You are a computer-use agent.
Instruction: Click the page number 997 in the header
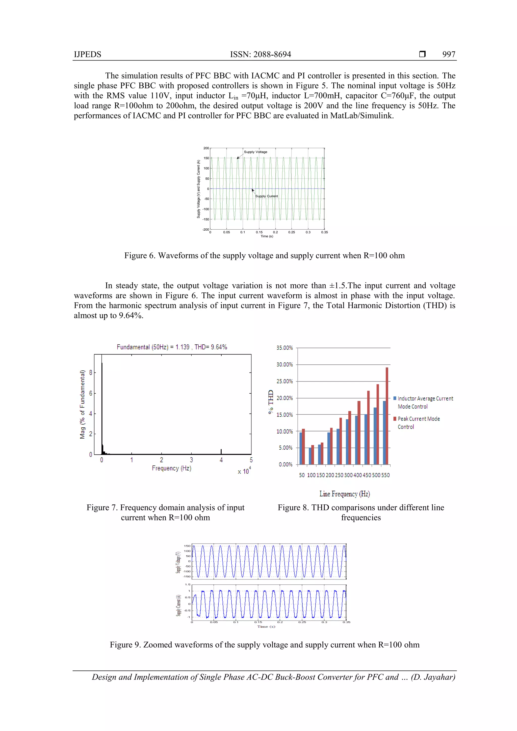(449, 55)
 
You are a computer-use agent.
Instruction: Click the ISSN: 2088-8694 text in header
(260, 55)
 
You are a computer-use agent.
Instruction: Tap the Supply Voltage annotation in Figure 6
(255, 152)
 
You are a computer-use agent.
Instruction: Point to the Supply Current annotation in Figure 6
(266, 196)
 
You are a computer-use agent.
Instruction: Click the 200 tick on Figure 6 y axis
(206, 148)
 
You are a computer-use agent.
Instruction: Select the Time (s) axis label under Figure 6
(267, 236)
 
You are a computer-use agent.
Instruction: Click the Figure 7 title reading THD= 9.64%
(211, 347)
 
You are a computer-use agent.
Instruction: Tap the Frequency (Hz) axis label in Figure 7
(171, 468)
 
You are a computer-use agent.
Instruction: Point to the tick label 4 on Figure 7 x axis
(221, 460)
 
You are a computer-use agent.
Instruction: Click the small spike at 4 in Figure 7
(221, 451)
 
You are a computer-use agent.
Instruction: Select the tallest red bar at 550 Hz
(387, 416)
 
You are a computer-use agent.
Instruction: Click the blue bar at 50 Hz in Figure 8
(301, 448)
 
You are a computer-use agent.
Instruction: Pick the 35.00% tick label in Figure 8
(284, 348)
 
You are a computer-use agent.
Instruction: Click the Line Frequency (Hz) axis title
(345, 494)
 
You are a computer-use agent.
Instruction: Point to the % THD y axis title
(271, 401)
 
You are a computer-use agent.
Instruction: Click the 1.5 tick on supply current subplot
(188, 585)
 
